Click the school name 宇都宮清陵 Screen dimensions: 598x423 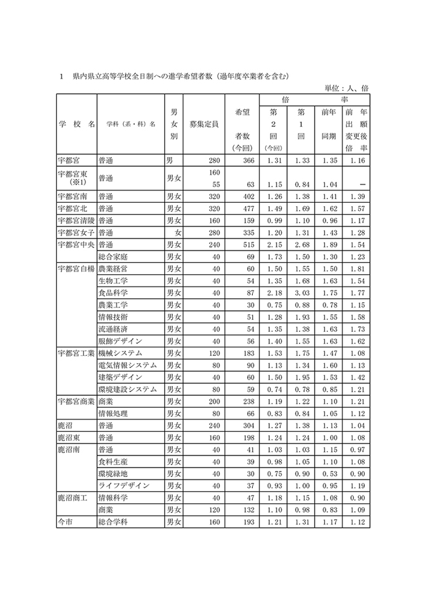pos(76,220)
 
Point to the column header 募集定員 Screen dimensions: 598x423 pos(204,124)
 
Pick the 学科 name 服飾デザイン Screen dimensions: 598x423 pos(122,341)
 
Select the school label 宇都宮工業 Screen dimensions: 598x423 pos(76,353)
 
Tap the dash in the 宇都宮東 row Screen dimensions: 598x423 pos(361,184)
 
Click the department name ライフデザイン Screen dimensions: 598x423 pos(124,485)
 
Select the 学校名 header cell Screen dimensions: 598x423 pos(76,124)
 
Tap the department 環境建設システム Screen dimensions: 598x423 pos(128,389)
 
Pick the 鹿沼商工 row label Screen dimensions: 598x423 pos(73,498)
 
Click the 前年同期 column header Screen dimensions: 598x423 pos(329,124)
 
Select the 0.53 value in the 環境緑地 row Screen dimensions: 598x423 pos(329,474)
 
